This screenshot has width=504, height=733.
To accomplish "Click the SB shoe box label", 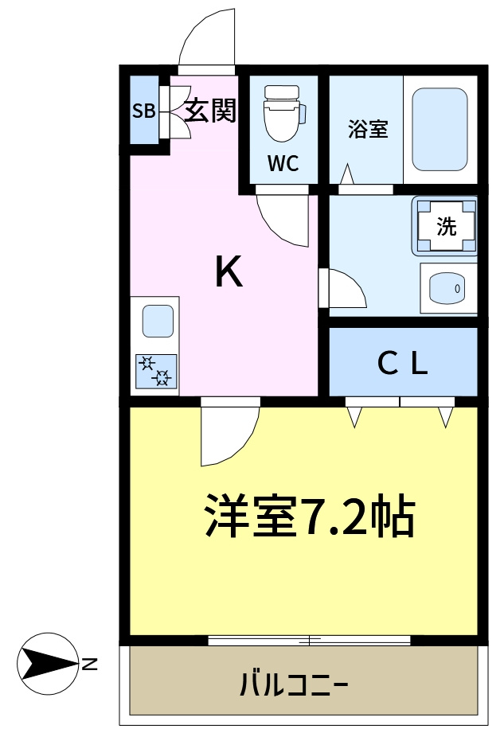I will click(143, 111).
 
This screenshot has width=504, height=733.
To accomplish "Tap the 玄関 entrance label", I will click(211, 111).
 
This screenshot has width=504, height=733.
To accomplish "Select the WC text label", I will click(283, 164).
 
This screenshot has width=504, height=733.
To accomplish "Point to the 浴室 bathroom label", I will click(368, 130).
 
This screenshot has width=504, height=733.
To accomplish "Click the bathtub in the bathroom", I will click(440, 129).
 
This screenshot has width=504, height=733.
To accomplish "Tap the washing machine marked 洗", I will click(446, 226).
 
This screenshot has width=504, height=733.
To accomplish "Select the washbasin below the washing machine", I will click(448, 287).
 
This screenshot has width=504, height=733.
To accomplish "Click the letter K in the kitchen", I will click(229, 274).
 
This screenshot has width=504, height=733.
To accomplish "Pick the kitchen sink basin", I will click(157, 321).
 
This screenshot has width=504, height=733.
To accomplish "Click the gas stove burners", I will click(155, 371).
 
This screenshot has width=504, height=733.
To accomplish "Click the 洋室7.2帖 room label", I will click(308, 517).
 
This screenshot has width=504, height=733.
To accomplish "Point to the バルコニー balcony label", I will click(294, 684).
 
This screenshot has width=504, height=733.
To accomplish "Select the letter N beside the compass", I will click(90, 662).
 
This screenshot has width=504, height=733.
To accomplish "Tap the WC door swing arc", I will click(284, 219).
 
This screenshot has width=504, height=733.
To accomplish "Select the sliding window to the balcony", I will click(309, 640).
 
